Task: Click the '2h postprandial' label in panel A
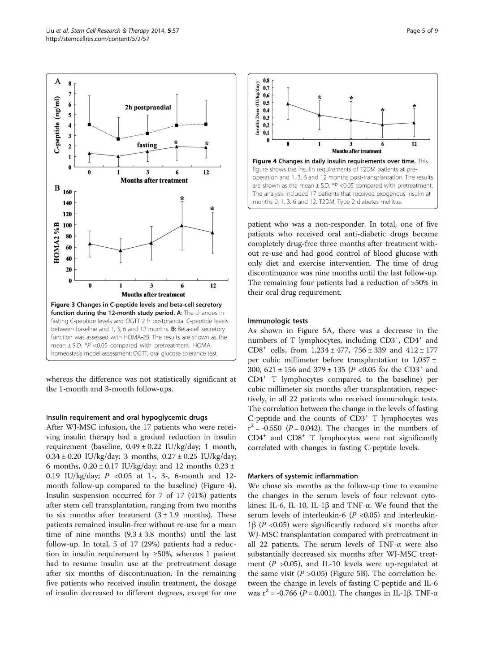click(x=147, y=107)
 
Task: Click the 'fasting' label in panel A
click(x=147, y=145)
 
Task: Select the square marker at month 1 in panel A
click(x=118, y=139)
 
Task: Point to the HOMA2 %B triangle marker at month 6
click(x=182, y=225)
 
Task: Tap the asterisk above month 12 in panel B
click(x=212, y=209)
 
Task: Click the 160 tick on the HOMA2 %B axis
click(x=67, y=192)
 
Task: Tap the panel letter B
click(x=57, y=189)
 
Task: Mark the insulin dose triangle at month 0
click(x=288, y=104)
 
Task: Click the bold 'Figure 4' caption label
click(x=264, y=161)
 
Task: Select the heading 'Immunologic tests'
click(x=278, y=321)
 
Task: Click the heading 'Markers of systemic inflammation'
click(x=303, y=476)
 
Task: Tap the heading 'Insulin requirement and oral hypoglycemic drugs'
click(x=127, y=417)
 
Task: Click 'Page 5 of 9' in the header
click(x=422, y=30)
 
